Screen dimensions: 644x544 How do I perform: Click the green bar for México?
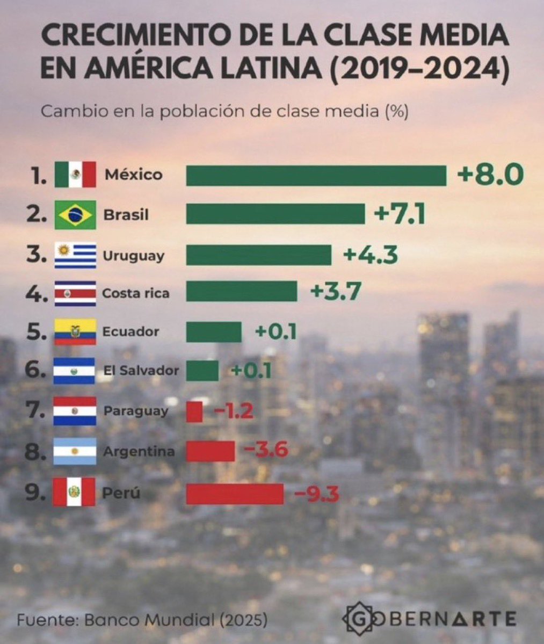click(x=316, y=176)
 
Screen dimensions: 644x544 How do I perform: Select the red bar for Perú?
click(x=235, y=494)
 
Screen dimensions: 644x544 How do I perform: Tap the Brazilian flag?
click(x=75, y=215)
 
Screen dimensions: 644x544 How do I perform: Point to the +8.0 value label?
click(x=490, y=175)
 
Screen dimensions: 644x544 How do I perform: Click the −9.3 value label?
click(x=316, y=494)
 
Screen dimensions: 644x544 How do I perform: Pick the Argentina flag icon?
click(x=75, y=452)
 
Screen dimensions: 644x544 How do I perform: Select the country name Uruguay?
click(x=133, y=255)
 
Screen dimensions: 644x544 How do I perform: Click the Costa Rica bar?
click(x=241, y=292)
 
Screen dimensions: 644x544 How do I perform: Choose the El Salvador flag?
click(x=75, y=371)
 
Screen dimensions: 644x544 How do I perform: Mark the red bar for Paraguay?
click(x=194, y=412)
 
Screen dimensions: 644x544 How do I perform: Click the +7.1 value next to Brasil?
click(x=400, y=215)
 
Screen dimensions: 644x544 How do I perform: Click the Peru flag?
click(x=74, y=492)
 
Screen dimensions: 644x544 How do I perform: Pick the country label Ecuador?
click(x=130, y=331)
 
